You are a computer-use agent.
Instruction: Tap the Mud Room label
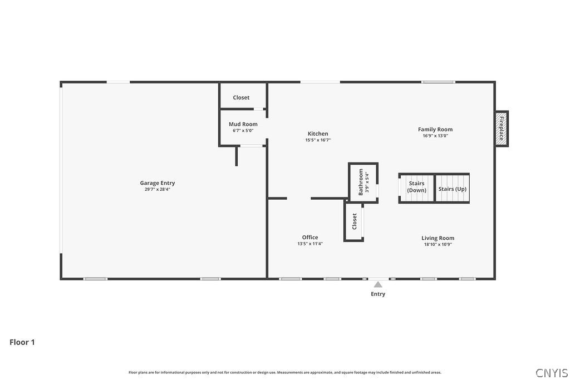[x=243, y=124]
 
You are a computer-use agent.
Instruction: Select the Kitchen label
[x=318, y=134]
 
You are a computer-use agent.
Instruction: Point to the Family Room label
[x=435, y=130]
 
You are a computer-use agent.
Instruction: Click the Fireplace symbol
[x=502, y=128]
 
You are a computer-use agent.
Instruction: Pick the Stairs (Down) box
[x=416, y=187]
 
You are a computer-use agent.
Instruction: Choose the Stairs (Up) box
[x=452, y=189]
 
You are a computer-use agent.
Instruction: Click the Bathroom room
[x=363, y=182]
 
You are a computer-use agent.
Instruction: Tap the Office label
[x=310, y=238]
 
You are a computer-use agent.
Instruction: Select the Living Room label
[x=438, y=238]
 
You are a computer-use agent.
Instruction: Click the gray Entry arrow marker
[x=378, y=284]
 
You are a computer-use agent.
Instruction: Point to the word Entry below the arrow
[x=378, y=294]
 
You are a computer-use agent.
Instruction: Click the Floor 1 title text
[x=22, y=342]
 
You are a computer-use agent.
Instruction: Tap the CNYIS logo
[x=552, y=373]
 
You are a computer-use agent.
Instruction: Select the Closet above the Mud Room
[x=241, y=97]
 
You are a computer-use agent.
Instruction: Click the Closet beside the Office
[x=354, y=221]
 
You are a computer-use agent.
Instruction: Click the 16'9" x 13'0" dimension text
[x=435, y=136]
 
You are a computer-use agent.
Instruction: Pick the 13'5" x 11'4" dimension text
[x=310, y=244]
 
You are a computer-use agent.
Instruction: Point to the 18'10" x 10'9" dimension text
[x=438, y=244]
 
